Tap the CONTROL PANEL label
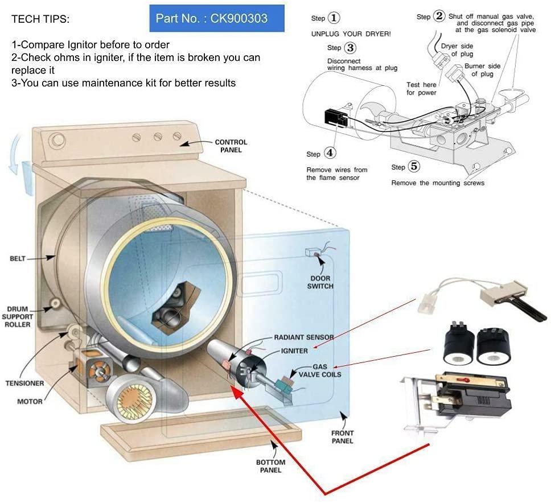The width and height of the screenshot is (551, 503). point(231,146)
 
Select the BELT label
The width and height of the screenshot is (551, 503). point(18,258)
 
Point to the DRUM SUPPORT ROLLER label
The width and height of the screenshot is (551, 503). point(17,317)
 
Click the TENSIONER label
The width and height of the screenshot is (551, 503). point(24,383)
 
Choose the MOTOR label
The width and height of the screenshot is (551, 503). point(30,401)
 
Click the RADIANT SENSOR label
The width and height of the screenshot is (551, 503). point(304,337)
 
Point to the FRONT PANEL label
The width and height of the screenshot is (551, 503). point(342,436)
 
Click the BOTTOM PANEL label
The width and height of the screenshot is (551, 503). point(268,466)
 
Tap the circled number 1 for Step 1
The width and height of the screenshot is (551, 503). point(335,18)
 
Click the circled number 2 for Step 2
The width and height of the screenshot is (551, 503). point(438,16)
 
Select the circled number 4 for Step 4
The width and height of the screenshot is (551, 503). point(331,153)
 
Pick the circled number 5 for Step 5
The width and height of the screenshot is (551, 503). point(414,167)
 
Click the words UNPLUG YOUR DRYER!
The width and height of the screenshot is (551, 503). point(351,34)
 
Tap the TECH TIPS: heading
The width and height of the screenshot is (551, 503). point(40,19)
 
